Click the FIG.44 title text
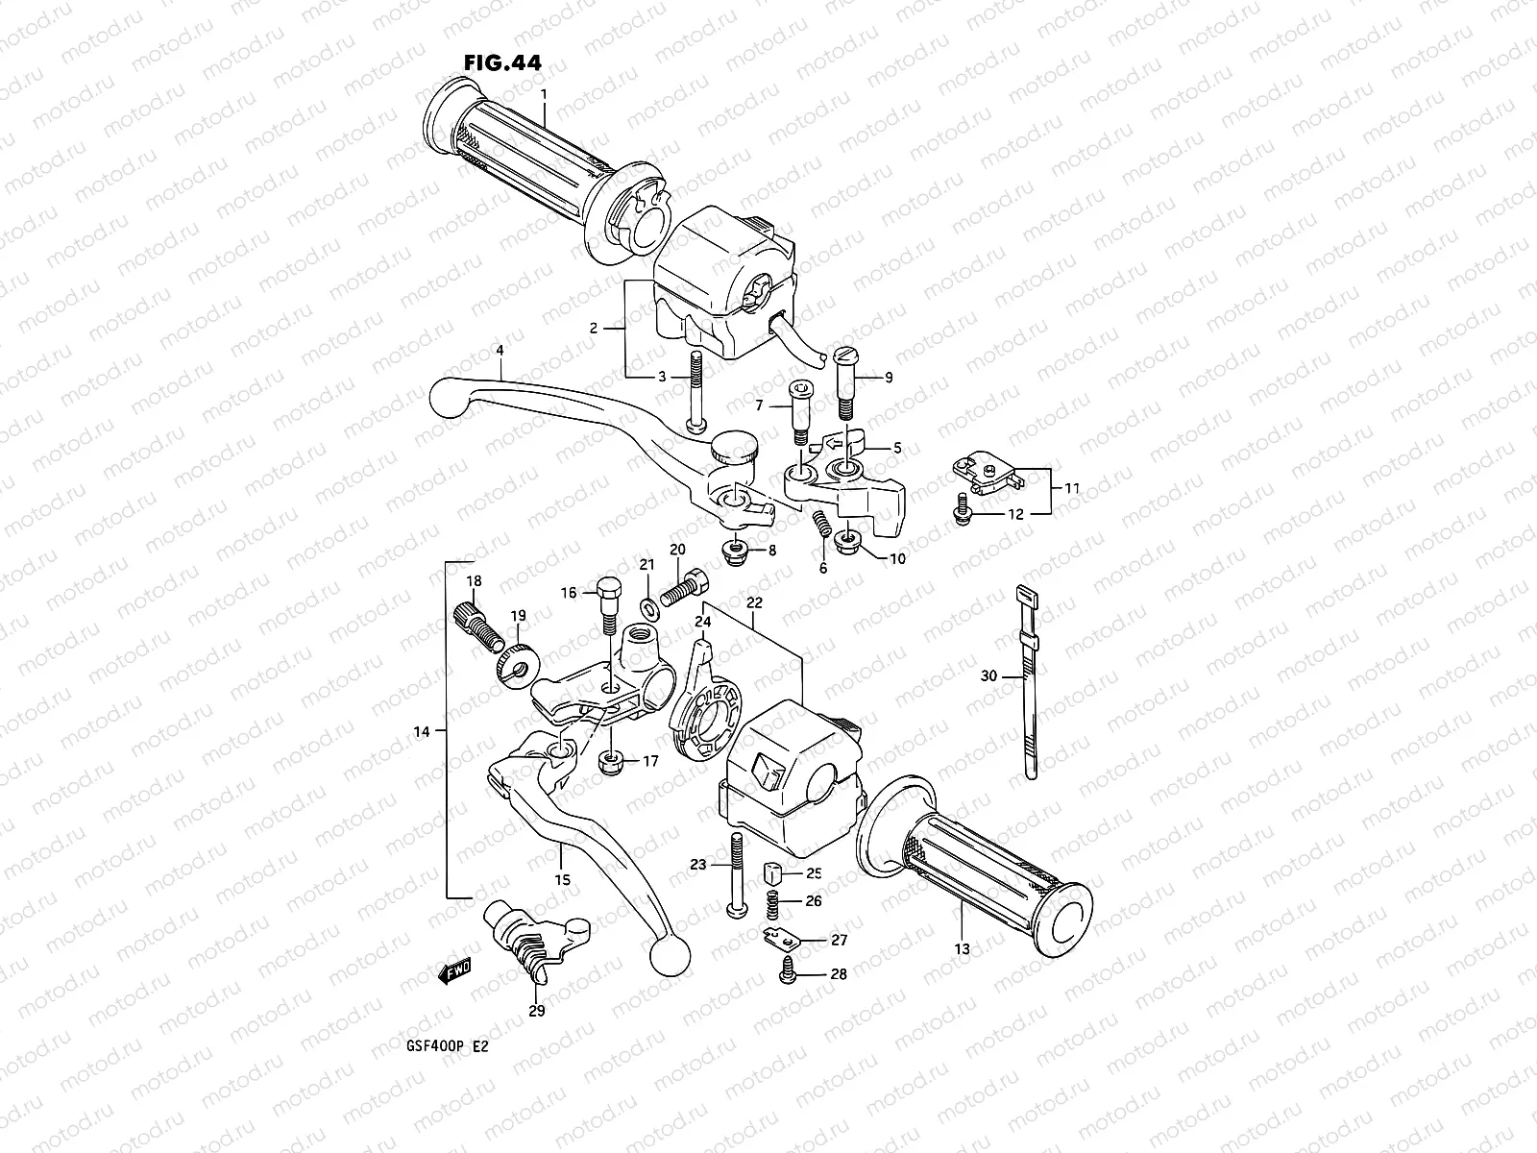(501, 62)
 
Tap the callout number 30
(988, 676)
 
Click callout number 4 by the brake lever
(500, 351)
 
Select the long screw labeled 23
(737, 874)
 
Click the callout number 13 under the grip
(963, 949)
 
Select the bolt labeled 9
(845, 380)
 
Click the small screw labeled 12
(962, 514)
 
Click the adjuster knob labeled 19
(517, 664)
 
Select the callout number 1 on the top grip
(544, 94)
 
